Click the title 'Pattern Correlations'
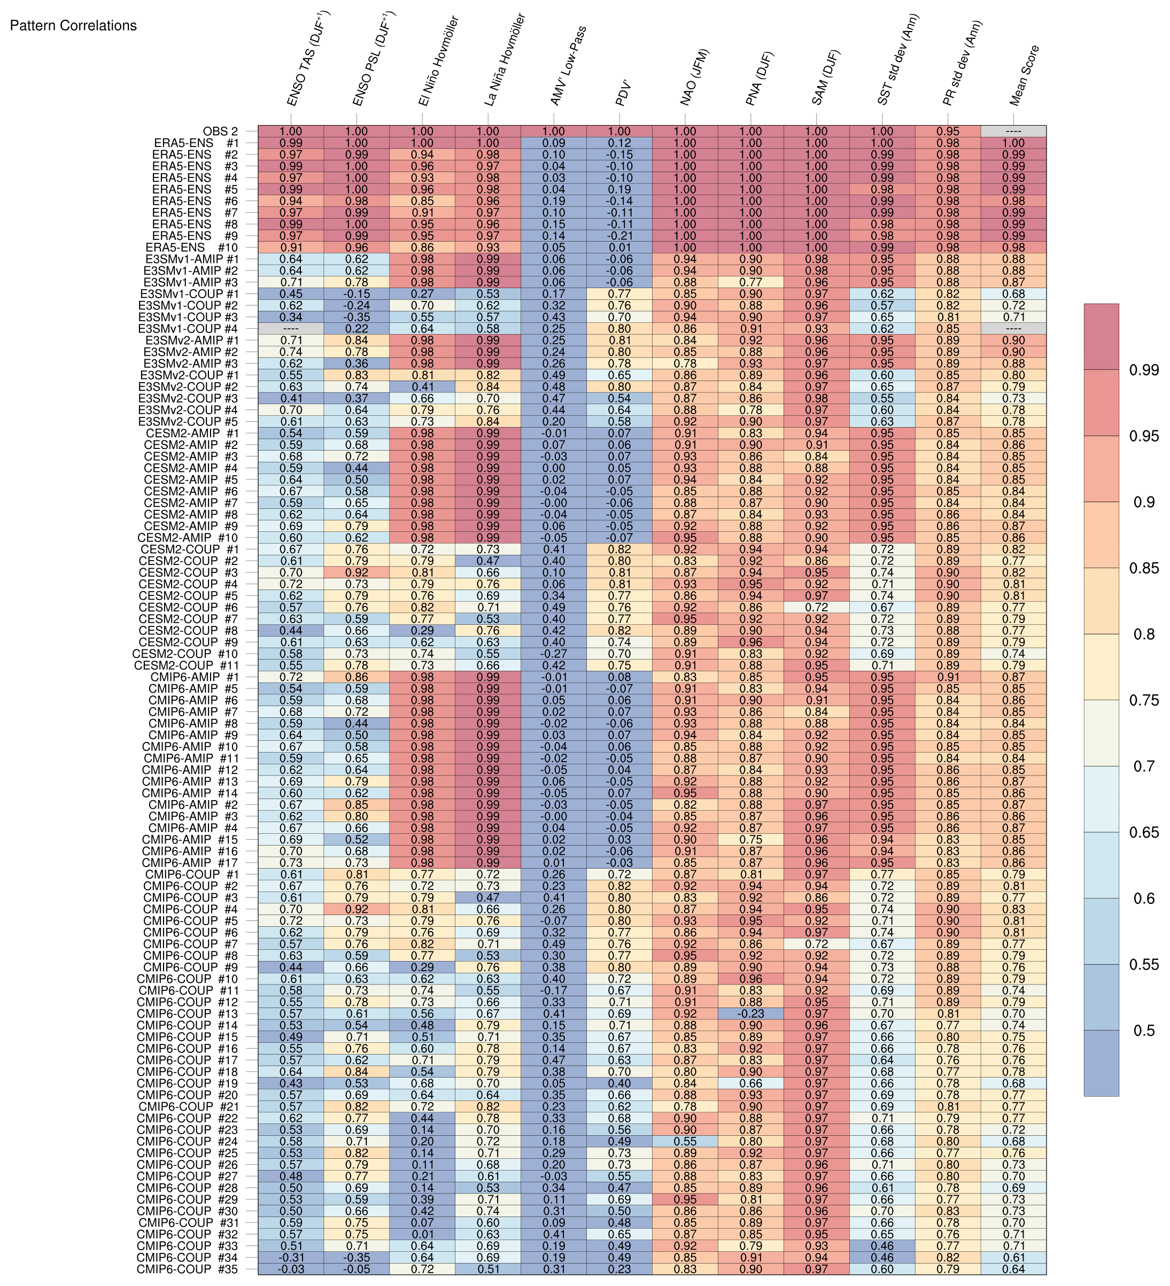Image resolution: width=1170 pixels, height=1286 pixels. tap(73, 26)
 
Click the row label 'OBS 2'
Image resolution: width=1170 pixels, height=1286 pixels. tap(221, 131)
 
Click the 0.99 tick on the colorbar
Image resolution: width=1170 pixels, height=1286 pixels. tap(1144, 370)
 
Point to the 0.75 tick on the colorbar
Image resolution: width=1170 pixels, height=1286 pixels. tap(1144, 700)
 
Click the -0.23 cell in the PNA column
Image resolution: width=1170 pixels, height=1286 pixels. tap(751, 1013)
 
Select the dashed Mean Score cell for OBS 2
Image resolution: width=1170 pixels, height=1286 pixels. tap(1013, 131)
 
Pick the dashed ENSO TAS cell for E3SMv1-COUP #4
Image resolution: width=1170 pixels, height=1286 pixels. tap(291, 329)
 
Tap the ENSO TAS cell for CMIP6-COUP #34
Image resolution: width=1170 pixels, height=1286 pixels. tap(291, 1257)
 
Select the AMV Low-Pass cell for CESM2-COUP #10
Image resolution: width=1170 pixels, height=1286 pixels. tap(553, 654)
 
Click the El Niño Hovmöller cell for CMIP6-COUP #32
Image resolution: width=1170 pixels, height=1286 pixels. tap(422, 1234)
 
